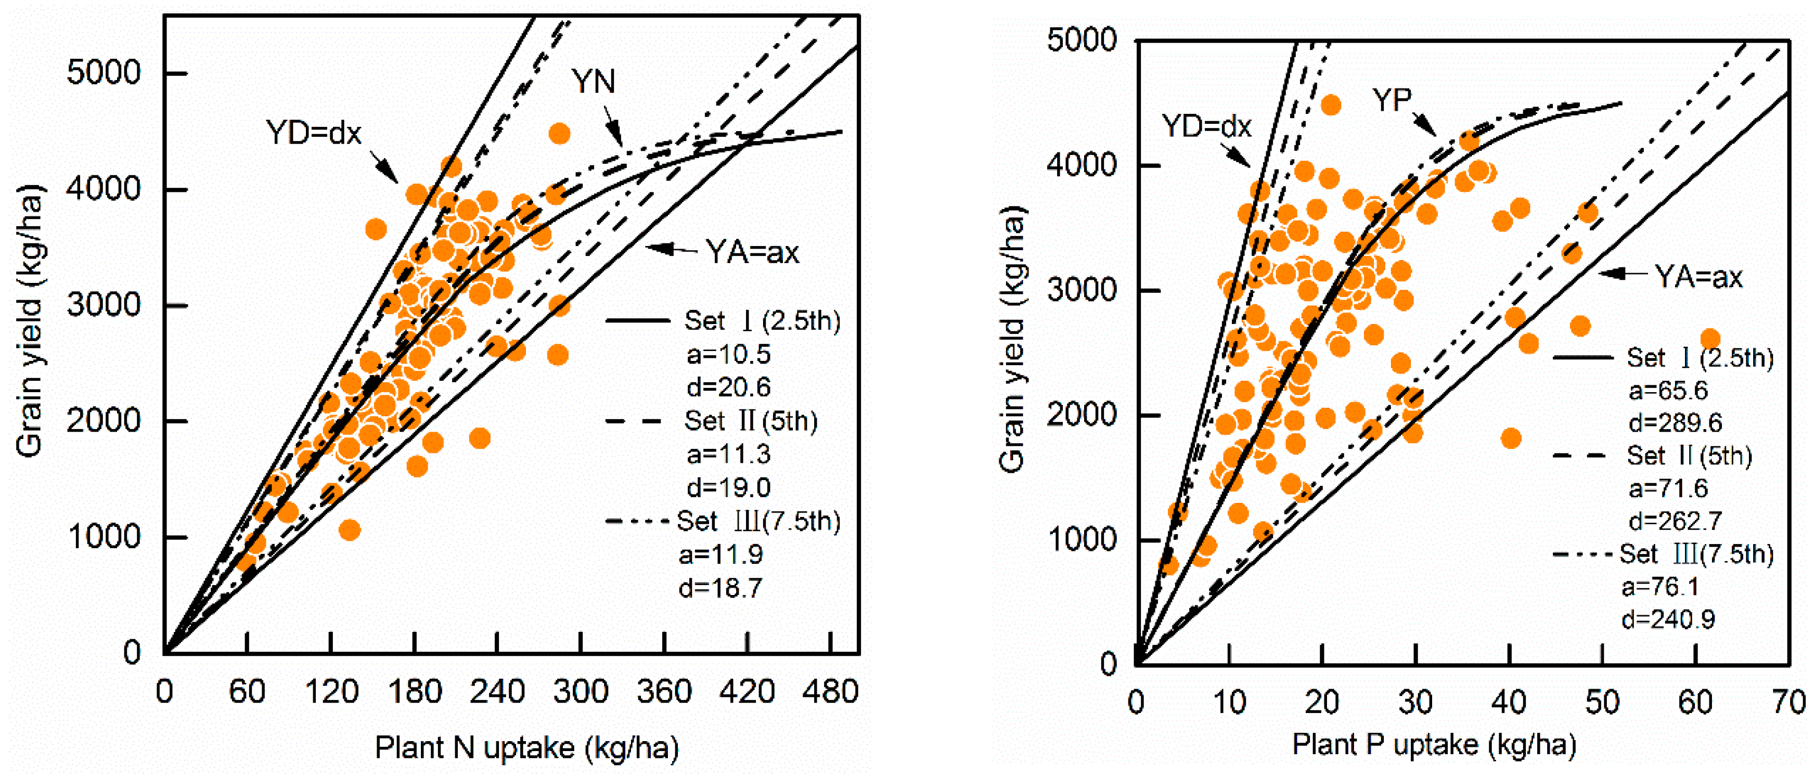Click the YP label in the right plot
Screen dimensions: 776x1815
tap(1392, 100)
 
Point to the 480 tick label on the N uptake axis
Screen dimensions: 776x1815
tap(830, 692)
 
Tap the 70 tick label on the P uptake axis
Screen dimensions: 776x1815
tap(1788, 702)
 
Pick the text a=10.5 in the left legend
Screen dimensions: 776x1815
tap(728, 354)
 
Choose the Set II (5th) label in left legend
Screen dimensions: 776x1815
tap(750, 421)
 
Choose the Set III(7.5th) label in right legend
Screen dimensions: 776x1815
tap(1696, 554)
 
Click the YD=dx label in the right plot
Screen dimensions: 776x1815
tap(1206, 126)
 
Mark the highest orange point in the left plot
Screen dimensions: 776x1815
tap(559, 134)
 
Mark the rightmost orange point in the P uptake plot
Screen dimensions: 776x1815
tap(1710, 339)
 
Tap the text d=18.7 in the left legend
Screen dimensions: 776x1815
tap(720, 587)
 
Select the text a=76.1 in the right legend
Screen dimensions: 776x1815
tap(1659, 587)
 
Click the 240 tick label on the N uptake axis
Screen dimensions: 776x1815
tap(497, 692)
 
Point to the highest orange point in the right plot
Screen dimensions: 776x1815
tap(1330, 106)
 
